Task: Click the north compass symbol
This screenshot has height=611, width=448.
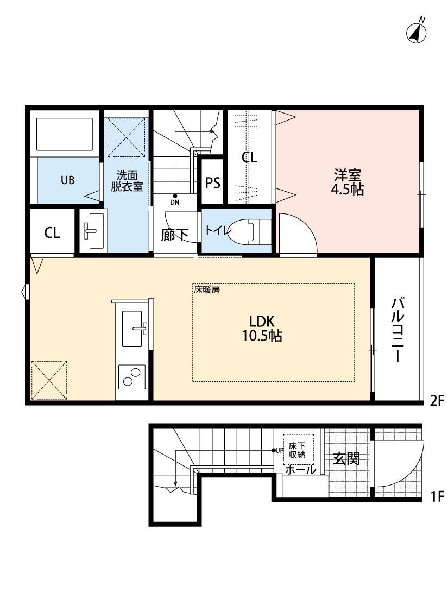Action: pyautogui.click(x=417, y=33)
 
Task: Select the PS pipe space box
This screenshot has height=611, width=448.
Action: pyautogui.click(x=213, y=183)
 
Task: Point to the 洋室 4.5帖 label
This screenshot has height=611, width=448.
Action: pyautogui.click(x=348, y=182)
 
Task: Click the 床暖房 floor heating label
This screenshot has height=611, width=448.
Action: pyautogui.click(x=207, y=289)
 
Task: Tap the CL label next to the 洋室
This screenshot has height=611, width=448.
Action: pyautogui.click(x=249, y=158)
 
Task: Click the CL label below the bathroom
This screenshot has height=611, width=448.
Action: pyautogui.click(x=52, y=233)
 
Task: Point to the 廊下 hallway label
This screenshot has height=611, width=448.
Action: pyautogui.click(x=175, y=235)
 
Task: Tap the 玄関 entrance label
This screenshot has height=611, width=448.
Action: pyautogui.click(x=346, y=459)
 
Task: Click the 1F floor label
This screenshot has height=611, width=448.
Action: pyautogui.click(x=437, y=496)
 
